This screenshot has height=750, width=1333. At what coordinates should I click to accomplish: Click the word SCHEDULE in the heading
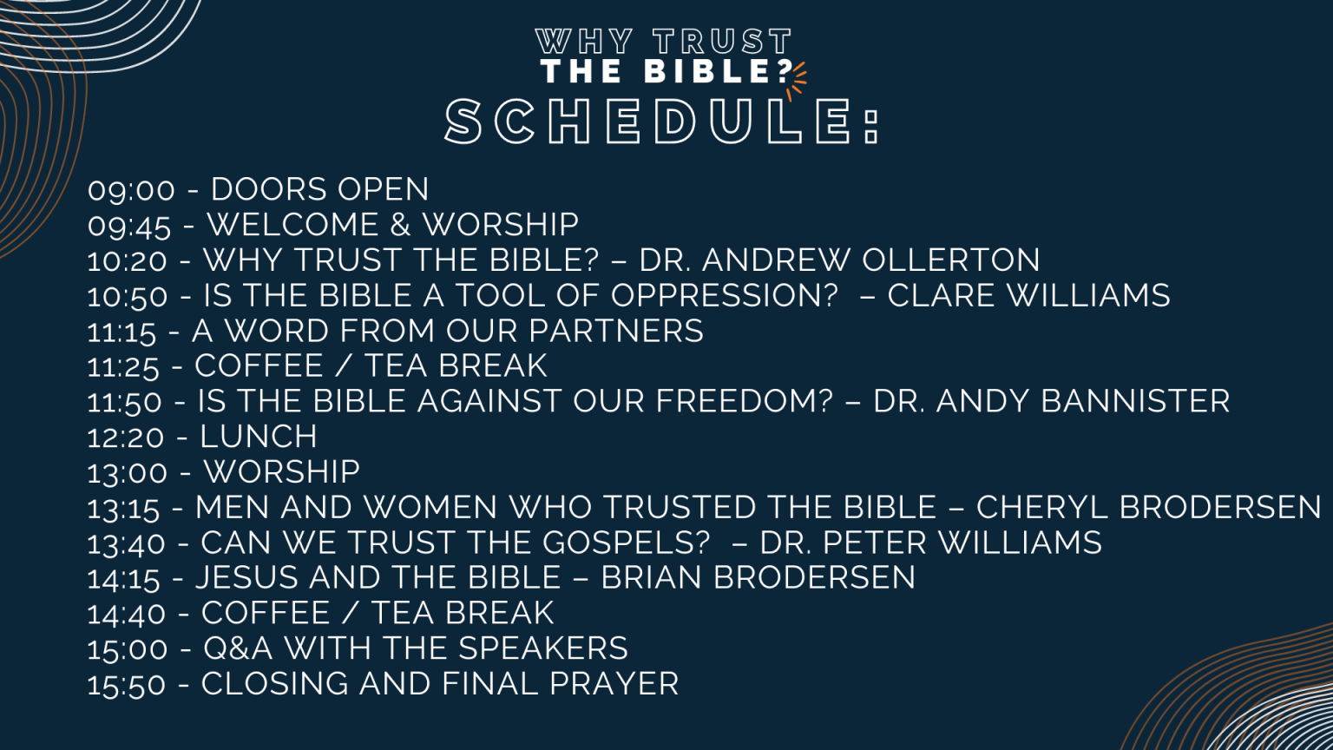pyautogui.click(x=651, y=122)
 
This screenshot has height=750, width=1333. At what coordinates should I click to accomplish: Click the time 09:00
pyautogui.click(x=131, y=190)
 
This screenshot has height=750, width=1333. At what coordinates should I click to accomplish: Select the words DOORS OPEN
pyautogui.click(x=319, y=189)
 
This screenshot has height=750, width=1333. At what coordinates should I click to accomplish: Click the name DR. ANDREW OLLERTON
pyautogui.click(x=839, y=260)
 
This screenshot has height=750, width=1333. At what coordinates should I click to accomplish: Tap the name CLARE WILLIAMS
pyautogui.click(x=1028, y=295)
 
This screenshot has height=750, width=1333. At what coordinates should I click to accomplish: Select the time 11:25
pyautogui.click(x=123, y=367)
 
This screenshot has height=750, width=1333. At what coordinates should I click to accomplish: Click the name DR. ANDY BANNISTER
pyautogui.click(x=1051, y=401)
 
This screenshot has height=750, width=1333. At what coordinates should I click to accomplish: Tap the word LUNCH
pyautogui.click(x=259, y=437)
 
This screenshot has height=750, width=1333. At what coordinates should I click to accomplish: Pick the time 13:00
pyautogui.click(x=128, y=473)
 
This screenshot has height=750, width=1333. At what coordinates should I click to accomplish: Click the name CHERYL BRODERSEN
pyautogui.click(x=1148, y=507)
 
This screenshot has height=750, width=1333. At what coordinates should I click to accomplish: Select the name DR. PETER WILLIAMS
pyautogui.click(x=930, y=543)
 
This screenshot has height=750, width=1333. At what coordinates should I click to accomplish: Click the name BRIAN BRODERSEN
pyautogui.click(x=758, y=577)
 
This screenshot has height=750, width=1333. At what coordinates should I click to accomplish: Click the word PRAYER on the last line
pyautogui.click(x=614, y=684)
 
